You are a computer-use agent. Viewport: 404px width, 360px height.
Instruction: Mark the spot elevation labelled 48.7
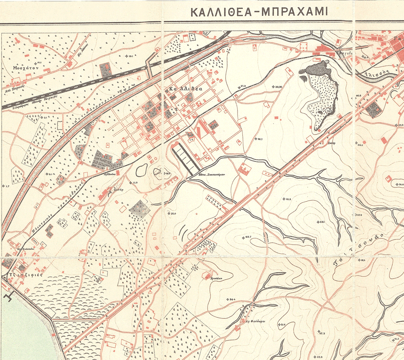pyautogui.click(x=247, y=237)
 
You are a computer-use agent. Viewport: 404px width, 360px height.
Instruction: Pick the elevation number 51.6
pyautogui.click(x=282, y=324)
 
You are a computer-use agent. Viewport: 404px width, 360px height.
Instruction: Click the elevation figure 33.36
pyautogui.click(x=278, y=87)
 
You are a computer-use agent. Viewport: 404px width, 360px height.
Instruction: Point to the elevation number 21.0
pyautogui.click(x=173, y=213)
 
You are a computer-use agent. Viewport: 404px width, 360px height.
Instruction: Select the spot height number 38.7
pyautogui.click(x=259, y=139)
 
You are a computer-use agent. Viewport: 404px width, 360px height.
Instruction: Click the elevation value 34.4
pyautogui.click(x=232, y=299)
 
